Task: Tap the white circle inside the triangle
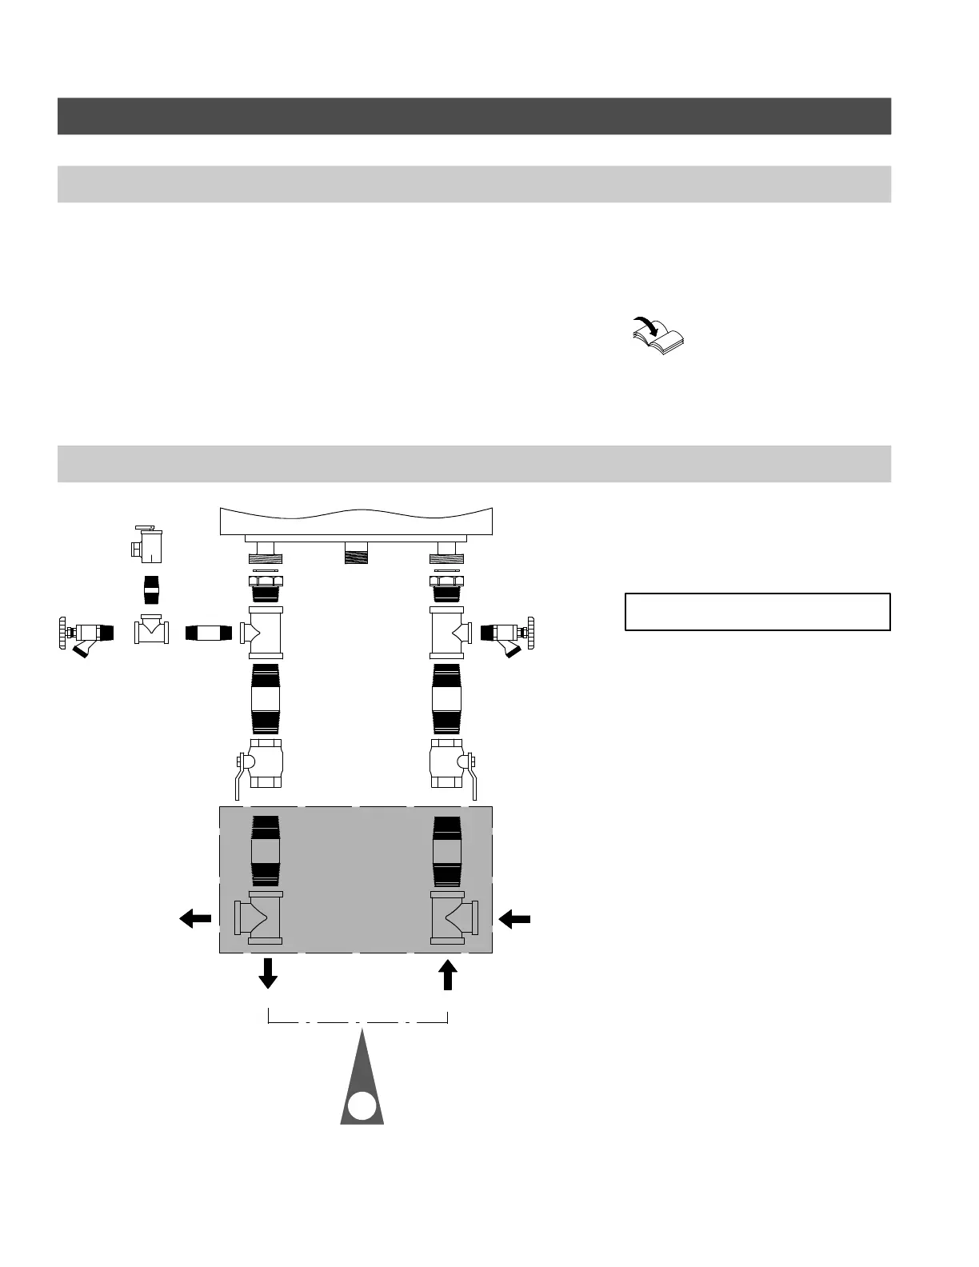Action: click(362, 1105)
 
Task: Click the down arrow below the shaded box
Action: click(268, 973)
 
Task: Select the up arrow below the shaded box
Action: click(448, 973)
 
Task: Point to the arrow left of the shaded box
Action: click(195, 919)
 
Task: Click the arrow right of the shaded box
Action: click(515, 920)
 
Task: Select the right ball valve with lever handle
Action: click(450, 763)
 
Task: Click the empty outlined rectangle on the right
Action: click(757, 612)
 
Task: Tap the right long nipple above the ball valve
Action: click(447, 698)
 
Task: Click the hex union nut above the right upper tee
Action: click(447, 582)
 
